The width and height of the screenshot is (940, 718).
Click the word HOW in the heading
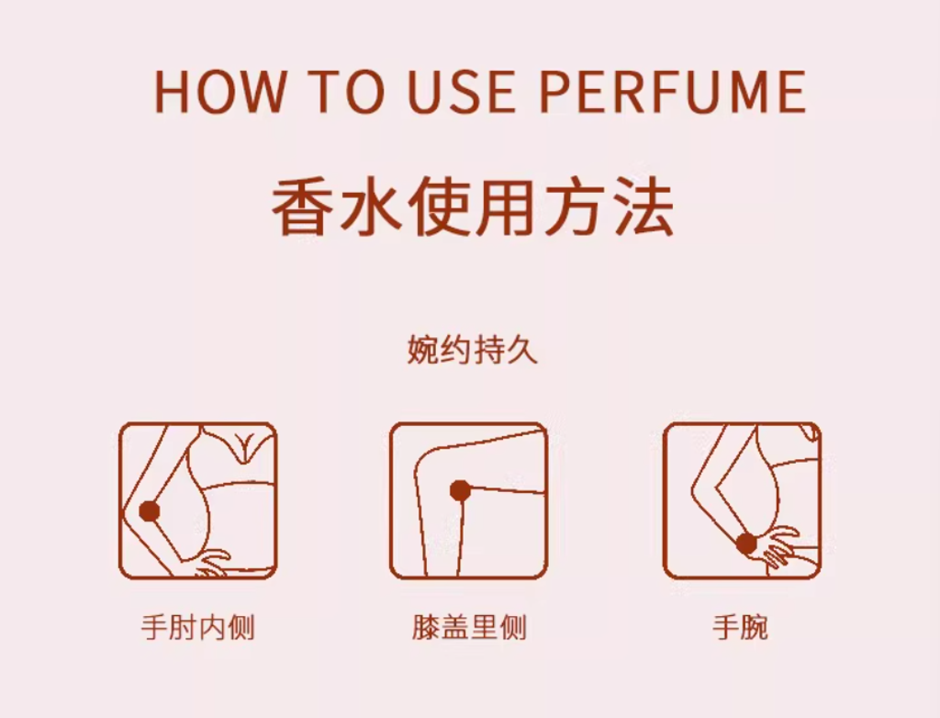219,92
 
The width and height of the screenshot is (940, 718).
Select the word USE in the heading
461,92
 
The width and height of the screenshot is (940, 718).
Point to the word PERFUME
673,92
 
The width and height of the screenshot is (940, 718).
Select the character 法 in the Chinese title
643,207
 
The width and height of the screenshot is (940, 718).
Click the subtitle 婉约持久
473,350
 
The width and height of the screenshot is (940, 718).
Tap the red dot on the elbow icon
150,511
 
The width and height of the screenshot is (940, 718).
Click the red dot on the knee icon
460,490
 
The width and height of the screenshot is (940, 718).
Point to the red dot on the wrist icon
746,544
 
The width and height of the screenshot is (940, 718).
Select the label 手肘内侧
198,627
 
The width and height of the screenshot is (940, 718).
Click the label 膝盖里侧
469,627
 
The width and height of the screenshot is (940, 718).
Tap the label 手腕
741,627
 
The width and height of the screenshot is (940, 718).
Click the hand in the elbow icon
211,564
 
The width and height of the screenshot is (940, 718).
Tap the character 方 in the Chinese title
576,207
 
